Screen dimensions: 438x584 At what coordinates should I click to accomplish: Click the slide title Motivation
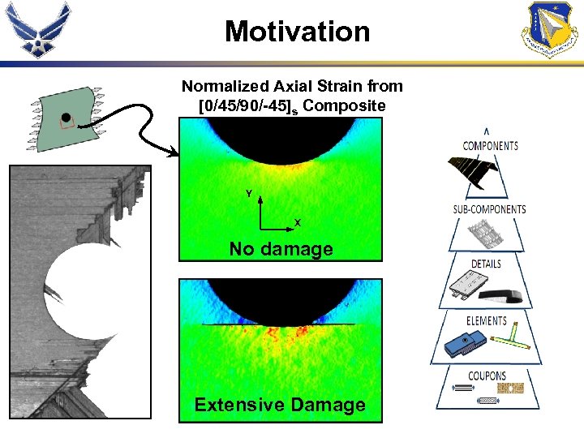click(297, 32)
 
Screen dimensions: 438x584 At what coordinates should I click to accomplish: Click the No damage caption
click(281, 249)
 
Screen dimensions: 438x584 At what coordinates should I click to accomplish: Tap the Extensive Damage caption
click(280, 405)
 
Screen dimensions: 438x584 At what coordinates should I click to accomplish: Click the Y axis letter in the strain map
click(248, 194)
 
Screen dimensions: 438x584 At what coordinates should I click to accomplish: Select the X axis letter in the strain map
click(298, 222)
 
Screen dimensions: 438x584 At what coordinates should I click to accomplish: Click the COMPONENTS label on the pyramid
click(490, 146)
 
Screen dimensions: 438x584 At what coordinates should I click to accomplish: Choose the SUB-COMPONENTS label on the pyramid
click(489, 209)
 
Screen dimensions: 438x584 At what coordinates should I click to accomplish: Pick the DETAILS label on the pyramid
click(486, 264)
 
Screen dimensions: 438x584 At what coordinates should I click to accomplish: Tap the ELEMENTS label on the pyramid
click(487, 321)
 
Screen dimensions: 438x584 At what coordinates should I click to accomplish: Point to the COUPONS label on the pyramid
click(487, 376)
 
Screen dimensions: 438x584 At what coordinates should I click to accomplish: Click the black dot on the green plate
click(66, 118)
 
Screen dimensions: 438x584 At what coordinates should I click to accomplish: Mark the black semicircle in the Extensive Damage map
click(280, 297)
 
